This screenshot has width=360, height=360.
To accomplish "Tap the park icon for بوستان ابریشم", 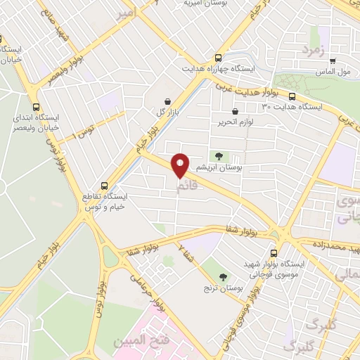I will (217, 156).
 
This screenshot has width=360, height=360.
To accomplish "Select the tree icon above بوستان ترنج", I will (224, 277).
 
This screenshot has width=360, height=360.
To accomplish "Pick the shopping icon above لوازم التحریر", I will (235, 110).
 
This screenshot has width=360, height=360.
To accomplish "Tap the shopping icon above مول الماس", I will (332, 61).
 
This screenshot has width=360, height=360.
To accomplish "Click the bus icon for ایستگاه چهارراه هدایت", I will (219, 58).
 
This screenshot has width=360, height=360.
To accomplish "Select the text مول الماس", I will (333, 72).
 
